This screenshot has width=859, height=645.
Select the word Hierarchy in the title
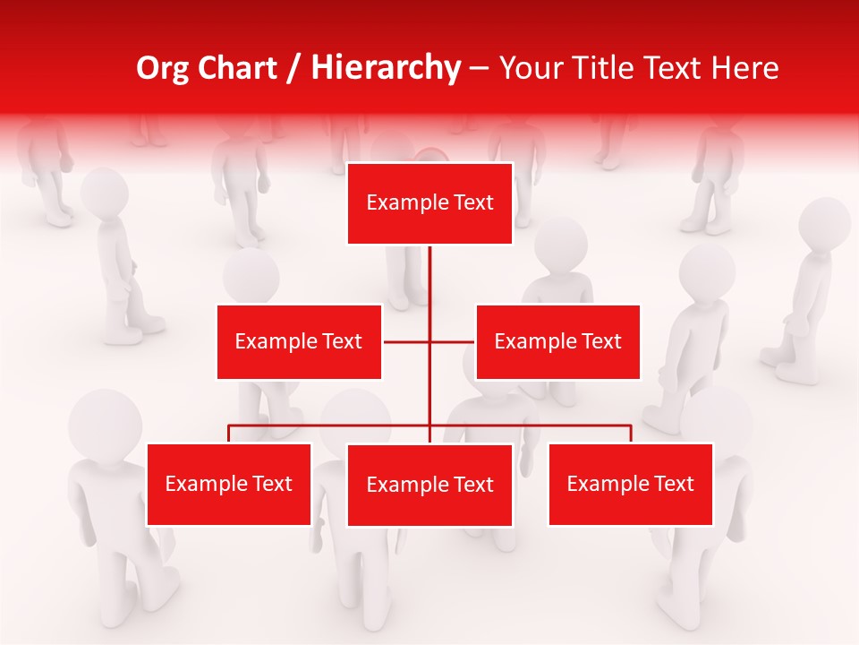(x=385, y=68)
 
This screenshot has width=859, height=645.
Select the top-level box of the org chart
(x=429, y=203)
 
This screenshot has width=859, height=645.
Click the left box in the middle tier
(x=299, y=341)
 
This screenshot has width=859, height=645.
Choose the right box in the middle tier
(x=557, y=341)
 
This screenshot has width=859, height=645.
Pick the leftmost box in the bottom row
(x=229, y=484)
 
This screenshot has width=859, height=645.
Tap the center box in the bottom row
(x=429, y=485)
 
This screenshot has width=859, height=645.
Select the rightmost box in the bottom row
(x=630, y=484)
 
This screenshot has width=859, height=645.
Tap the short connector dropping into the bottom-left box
(x=229, y=434)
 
